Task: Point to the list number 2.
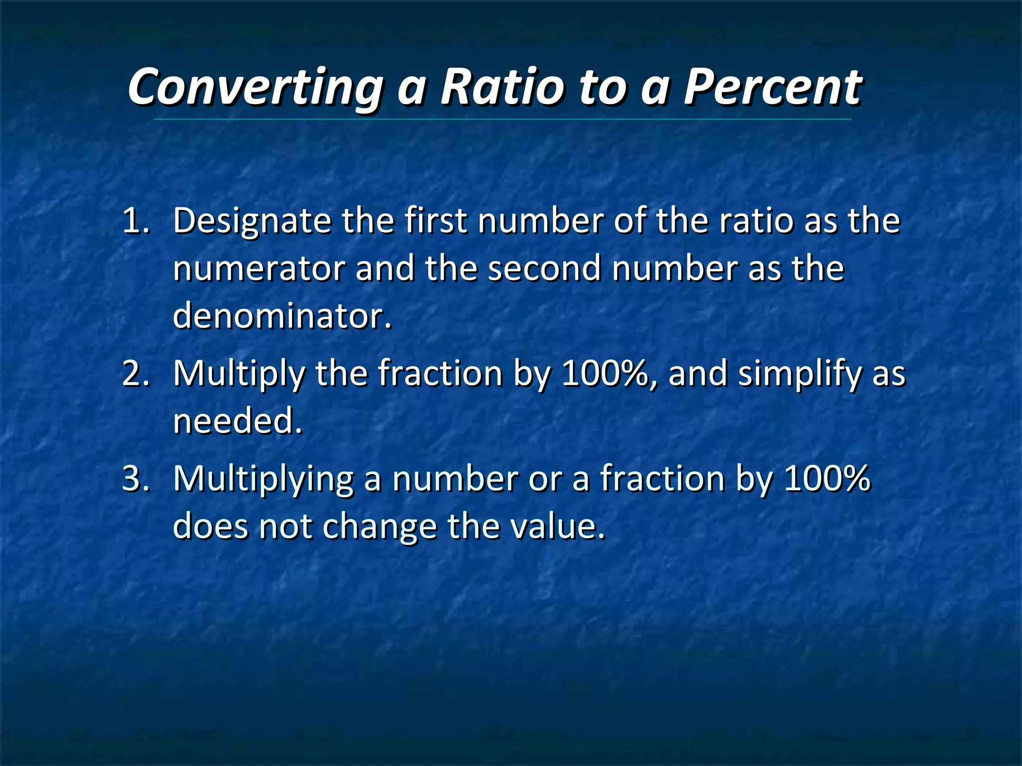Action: pyautogui.click(x=136, y=373)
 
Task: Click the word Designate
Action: pyautogui.click(x=252, y=221)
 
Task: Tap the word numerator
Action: pyautogui.click(x=259, y=268)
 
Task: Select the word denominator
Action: pyautogui.click(x=281, y=316)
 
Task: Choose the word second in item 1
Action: pyautogui.click(x=544, y=268)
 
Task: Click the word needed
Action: pyautogui.click(x=238, y=420)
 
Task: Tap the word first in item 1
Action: pyautogui.click(x=435, y=220)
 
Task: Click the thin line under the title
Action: pyautogui.click(x=502, y=120)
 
